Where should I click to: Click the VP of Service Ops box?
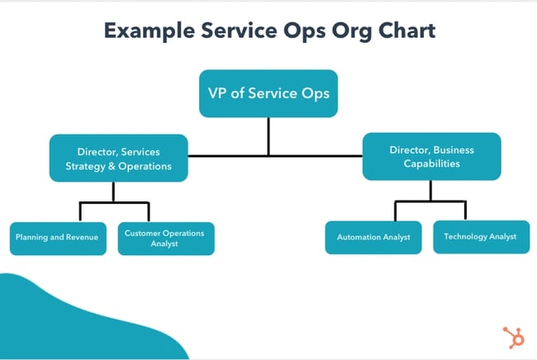(x=268, y=93)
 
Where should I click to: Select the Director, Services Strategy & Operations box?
(x=119, y=158)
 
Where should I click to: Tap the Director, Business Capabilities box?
(x=431, y=157)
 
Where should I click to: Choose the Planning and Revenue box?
(x=58, y=238)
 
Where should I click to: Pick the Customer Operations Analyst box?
(x=166, y=238)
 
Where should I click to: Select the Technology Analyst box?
(x=481, y=236)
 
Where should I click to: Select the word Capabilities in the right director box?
(x=431, y=163)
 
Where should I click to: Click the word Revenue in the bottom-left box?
(x=81, y=238)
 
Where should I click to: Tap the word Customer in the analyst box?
(x=141, y=233)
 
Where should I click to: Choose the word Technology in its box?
(x=467, y=236)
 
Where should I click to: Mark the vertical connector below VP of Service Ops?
(x=268, y=135)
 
